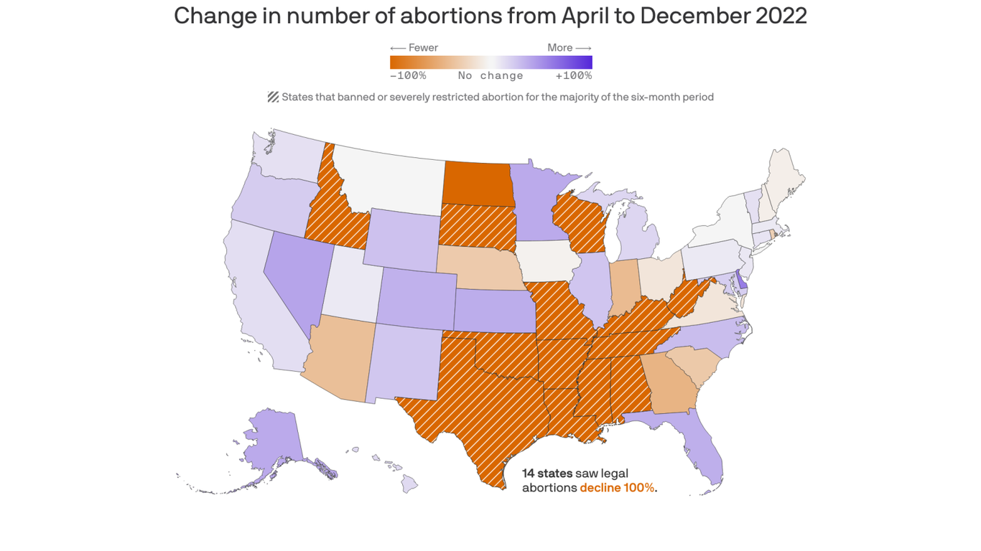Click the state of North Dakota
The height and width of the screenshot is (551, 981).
click(x=475, y=184)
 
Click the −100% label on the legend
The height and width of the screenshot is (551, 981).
click(x=408, y=75)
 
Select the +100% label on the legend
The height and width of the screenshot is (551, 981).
click(x=573, y=75)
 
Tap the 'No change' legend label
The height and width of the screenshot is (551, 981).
click(x=490, y=75)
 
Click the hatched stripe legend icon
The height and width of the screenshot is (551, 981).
click(x=273, y=97)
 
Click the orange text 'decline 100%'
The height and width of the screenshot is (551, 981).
click(x=617, y=488)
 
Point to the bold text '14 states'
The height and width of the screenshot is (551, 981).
click(x=547, y=474)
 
